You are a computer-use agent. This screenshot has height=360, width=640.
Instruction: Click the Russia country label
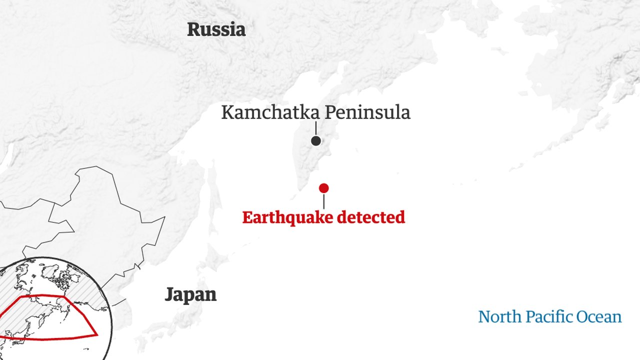(x=216, y=29)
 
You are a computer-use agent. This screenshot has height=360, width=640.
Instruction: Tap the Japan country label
(x=190, y=294)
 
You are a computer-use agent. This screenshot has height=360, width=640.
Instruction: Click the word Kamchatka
(x=270, y=112)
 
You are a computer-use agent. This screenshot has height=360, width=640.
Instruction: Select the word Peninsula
(x=367, y=112)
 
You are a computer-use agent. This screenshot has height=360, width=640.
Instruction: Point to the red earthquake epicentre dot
(x=323, y=188)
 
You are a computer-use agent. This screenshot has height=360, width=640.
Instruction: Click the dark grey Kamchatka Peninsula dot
(x=315, y=141)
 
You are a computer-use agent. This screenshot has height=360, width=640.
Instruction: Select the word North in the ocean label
(x=495, y=317)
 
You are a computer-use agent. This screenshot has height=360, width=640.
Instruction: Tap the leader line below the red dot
(x=323, y=201)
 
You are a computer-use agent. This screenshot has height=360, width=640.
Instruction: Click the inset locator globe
(x=50, y=310)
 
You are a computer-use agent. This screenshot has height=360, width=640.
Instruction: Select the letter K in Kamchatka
(x=227, y=112)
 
